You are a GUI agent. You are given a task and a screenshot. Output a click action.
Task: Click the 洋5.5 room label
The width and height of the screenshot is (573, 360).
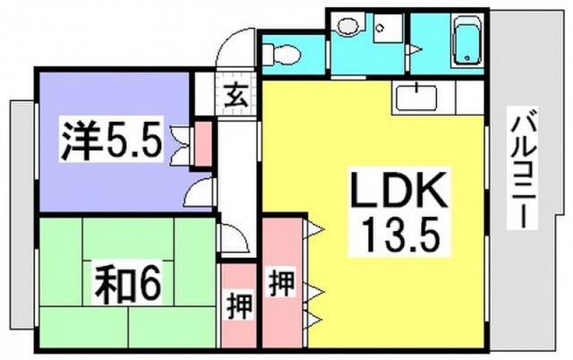click(111, 141)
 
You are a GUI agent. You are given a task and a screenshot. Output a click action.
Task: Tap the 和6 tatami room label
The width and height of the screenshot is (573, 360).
click(127, 285)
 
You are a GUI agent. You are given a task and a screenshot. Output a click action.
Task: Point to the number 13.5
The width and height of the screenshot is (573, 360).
click(399, 236)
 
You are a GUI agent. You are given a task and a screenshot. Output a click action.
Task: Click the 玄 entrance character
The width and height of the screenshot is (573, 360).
click(234, 96)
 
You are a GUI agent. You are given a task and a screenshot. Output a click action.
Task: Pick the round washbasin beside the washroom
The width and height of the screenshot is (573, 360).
click(348, 26)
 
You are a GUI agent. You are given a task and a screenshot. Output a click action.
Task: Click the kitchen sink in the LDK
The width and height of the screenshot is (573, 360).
click(415, 98)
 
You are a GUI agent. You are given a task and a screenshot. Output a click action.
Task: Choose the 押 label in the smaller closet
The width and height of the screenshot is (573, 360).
click(239, 306)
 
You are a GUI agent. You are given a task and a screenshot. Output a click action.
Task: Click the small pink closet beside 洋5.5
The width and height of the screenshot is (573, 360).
click(203, 144)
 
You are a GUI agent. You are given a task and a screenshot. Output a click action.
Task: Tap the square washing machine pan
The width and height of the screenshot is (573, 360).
click(388, 29)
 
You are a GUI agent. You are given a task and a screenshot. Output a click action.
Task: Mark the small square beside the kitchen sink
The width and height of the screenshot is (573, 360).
click(471, 98)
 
